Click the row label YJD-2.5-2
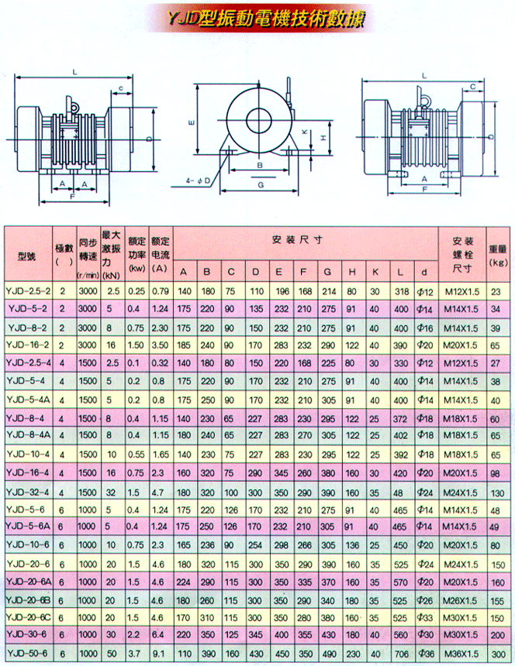pyautogui.click(x=27, y=290)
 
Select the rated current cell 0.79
pyautogui.click(x=161, y=290)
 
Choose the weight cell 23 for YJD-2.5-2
pyautogui.click(x=497, y=290)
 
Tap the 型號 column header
pyautogui.click(x=27, y=256)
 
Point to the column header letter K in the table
pyautogui.click(x=375, y=271)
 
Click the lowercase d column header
pyautogui.click(x=423, y=271)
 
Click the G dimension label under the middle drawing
pyautogui.click(x=262, y=186)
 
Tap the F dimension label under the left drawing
pyautogui.click(x=72, y=198)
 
